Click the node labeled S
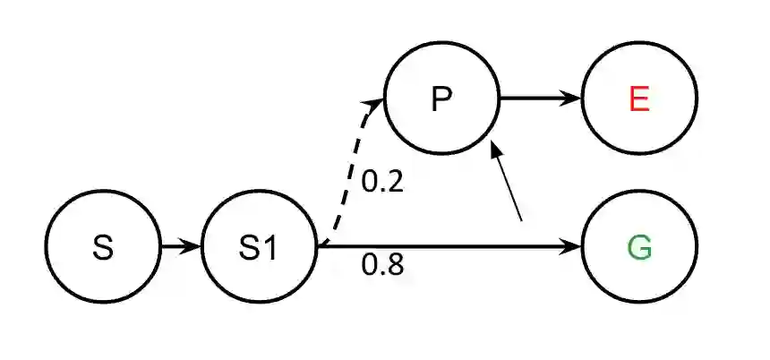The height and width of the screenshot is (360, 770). pyautogui.click(x=102, y=247)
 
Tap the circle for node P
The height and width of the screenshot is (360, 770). pyautogui.click(x=441, y=99)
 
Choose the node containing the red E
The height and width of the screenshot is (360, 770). pyautogui.click(x=638, y=99)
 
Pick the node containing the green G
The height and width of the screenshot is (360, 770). pyautogui.click(x=638, y=247)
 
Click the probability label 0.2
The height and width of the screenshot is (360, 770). pyautogui.click(x=382, y=183)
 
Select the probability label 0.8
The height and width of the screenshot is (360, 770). pyautogui.click(x=382, y=265)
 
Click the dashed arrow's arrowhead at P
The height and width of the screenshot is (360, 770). pyautogui.click(x=377, y=101)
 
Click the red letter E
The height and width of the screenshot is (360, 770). pyautogui.click(x=638, y=99)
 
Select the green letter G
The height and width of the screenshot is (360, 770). pyautogui.click(x=638, y=247)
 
